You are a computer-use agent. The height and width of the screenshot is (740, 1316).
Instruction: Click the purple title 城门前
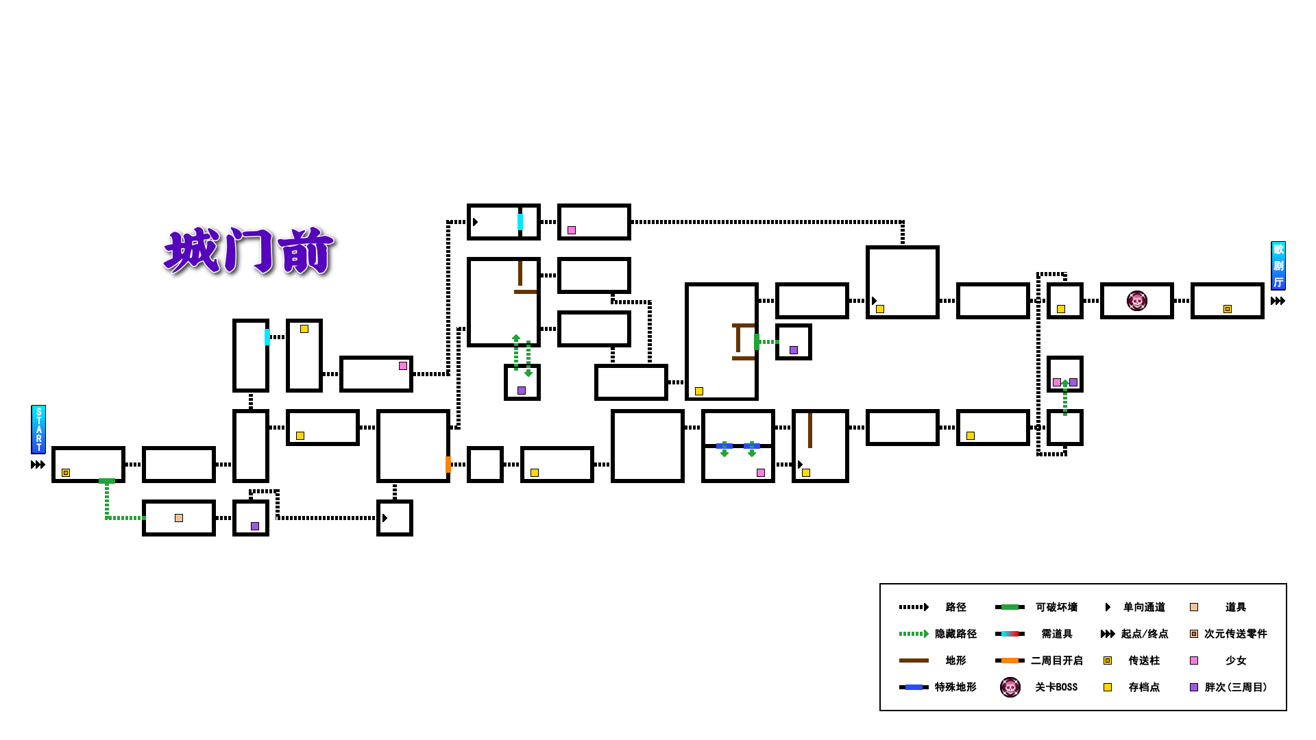249,251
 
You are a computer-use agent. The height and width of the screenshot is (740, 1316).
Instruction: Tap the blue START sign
39,430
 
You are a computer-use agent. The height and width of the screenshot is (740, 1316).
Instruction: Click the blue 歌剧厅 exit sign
1278,266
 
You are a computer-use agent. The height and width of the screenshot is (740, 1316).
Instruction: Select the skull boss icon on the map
1136,301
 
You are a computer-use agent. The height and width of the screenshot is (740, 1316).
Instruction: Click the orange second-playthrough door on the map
448,465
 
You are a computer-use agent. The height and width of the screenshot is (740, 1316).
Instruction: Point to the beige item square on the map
179,518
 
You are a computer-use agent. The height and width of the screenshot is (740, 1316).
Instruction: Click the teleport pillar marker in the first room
66,473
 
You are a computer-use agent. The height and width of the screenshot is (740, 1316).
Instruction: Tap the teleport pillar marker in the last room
1228,309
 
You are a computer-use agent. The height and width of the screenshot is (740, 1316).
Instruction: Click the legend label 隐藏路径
955,634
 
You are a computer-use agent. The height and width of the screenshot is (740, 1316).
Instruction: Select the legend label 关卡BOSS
1056,687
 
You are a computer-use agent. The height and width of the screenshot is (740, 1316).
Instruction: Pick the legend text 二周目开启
1056,661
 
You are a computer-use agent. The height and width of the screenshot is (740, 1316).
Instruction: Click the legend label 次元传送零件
1235,634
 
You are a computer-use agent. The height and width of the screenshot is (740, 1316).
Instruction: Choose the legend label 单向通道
1144,607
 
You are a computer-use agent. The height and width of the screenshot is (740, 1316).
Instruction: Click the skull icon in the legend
1010,687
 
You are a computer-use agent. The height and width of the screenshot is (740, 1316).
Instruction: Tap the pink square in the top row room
572,230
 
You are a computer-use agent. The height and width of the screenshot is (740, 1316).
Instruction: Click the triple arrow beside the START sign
38,465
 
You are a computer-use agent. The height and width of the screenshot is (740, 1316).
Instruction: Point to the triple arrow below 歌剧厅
1278,301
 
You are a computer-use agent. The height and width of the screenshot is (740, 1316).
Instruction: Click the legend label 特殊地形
955,687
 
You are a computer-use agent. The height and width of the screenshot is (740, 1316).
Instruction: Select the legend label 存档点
1144,687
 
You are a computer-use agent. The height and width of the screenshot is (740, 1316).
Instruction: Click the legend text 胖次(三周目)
1235,687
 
